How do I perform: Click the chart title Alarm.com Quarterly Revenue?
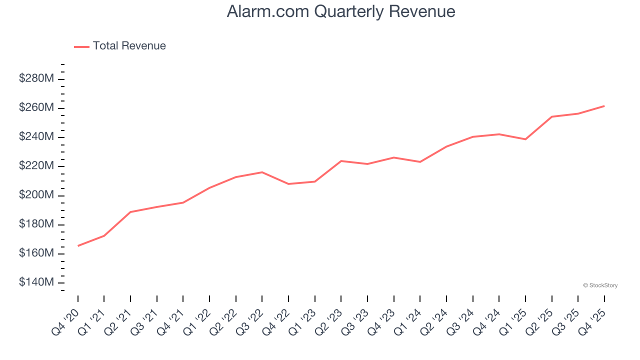[x=340, y=11]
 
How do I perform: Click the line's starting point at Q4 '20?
[x=78, y=245]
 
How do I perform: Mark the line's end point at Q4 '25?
[x=604, y=106]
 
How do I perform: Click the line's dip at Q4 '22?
[x=288, y=184]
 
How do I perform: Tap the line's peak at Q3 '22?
[x=262, y=172]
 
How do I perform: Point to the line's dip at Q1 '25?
[x=525, y=139]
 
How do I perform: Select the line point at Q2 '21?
[x=130, y=212]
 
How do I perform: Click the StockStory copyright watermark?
[x=600, y=285]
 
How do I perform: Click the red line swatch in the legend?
[x=81, y=46]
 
